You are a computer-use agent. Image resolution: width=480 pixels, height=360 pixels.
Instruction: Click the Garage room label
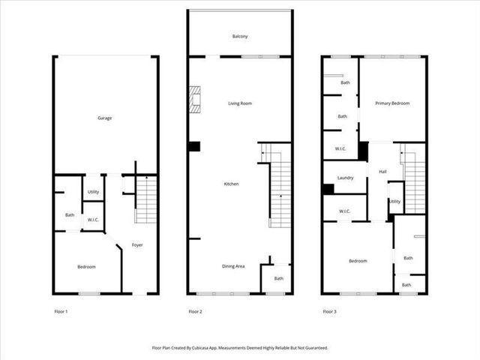pyautogui.click(x=105, y=118)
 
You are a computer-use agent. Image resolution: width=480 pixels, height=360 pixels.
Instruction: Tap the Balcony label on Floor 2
pyautogui.click(x=240, y=36)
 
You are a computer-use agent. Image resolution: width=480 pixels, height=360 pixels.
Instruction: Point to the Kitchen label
pyautogui.click(x=231, y=184)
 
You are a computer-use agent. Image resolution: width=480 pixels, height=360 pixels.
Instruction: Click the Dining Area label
pyautogui.click(x=232, y=265)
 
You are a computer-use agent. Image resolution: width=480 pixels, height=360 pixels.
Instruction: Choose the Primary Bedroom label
pyautogui.click(x=392, y=103)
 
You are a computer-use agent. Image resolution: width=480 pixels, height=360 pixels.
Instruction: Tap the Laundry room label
pyautogui.click(x=346, y=178)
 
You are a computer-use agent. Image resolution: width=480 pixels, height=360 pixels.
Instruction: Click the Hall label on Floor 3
pyautogui.click(x=382, y=172)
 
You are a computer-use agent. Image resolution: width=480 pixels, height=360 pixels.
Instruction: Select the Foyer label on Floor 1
pyautogui.click(x=137, y=245)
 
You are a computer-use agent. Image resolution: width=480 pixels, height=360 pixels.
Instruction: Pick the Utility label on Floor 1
pyautogui.click(x=93, y=192)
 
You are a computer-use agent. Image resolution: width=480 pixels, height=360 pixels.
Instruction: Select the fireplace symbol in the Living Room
pyautogui.click(x=196, y=100)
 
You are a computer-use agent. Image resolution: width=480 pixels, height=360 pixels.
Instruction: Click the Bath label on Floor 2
pyautogui.click(x=279, y=279)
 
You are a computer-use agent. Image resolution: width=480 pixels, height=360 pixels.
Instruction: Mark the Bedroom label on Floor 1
pyautogui.click(x=87, y=266)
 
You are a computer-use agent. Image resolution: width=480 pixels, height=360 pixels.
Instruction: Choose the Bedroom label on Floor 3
pyautogui.click(x=358, y=260)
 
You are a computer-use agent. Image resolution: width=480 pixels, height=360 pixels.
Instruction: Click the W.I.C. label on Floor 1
pyautogui.click(x=93, y=220)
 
